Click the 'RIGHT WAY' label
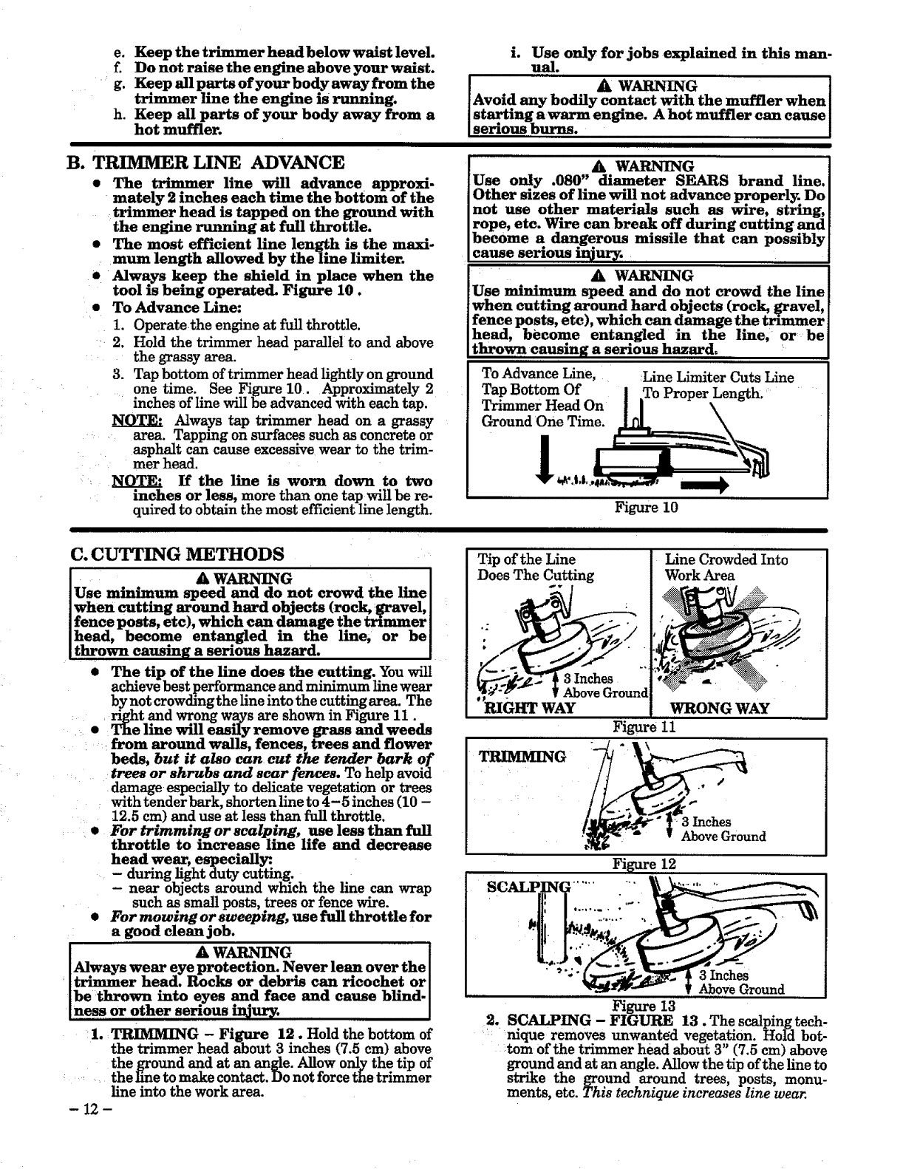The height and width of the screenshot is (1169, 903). [527, 708]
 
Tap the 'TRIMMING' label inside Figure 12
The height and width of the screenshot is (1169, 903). [522, 757]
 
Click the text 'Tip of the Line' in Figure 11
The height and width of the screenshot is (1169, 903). [527, 559]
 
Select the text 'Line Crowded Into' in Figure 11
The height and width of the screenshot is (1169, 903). [726, 559]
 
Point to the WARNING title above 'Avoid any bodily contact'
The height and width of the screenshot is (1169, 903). [650, 85]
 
